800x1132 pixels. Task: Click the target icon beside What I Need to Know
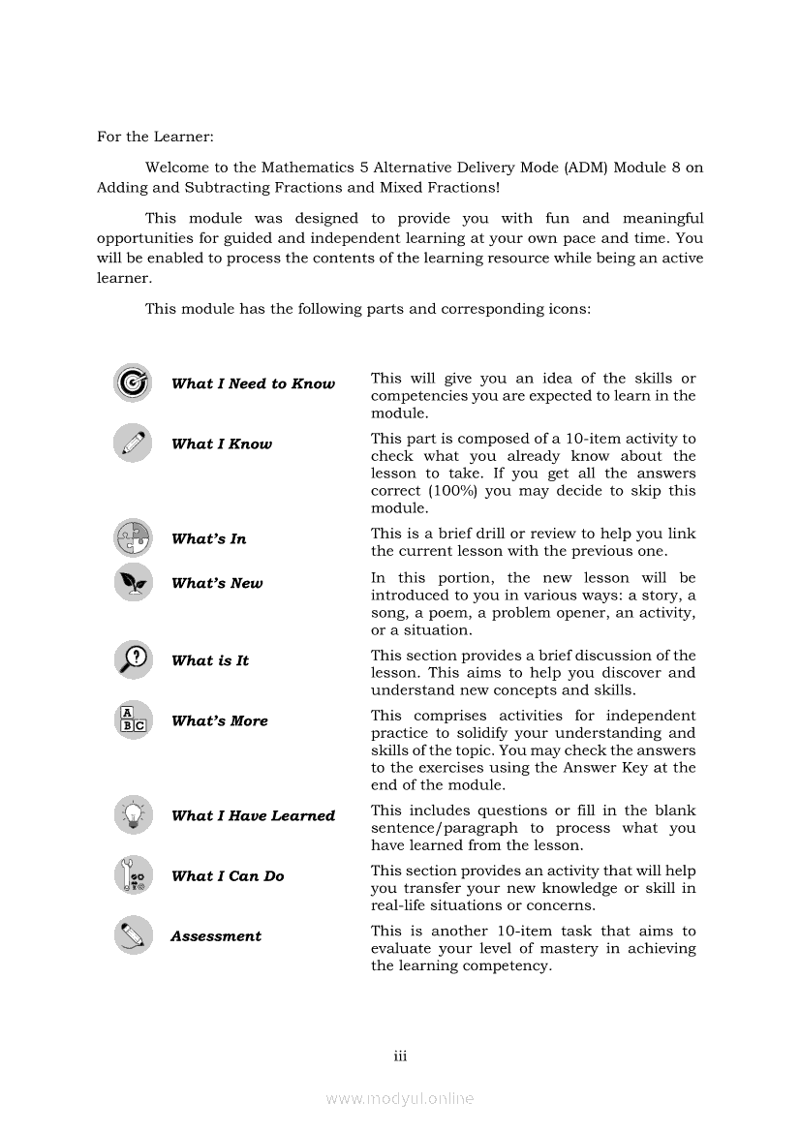[133, 383]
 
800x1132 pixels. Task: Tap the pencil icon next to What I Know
[133, 444]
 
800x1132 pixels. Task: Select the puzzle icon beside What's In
[133, 538]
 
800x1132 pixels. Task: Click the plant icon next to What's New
[133, 583]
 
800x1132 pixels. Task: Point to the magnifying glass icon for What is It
[133, 660]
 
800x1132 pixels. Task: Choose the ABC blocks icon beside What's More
[133, 720]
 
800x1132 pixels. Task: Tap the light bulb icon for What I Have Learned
[133, 815]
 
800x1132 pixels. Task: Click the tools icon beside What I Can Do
[133, 875]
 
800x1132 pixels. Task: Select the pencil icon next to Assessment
[133, 935]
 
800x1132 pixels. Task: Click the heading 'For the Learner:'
[155, 137]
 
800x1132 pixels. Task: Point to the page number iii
[400, 1056]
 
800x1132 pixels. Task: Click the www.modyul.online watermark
[400, 1099]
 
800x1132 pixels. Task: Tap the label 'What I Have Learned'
[253, 815]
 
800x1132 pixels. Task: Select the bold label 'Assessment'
[216, 936]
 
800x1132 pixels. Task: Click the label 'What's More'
[220, 720]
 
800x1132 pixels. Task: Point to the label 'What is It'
[210, 660]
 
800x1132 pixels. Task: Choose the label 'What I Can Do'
[228, 876]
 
